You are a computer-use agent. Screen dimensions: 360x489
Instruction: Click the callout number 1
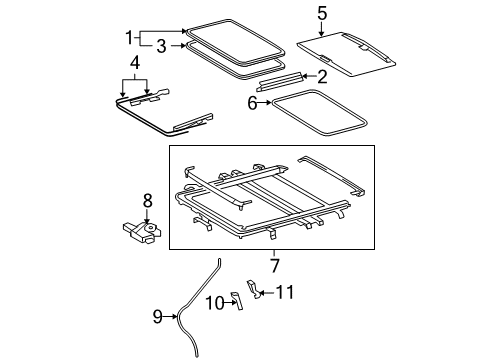pyautogui.click(x=127, y=38)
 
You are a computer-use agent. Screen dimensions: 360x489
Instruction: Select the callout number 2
pyautogui.click(x=322, y=76)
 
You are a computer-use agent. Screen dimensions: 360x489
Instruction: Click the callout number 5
pyautogui.click(x=322, y=13)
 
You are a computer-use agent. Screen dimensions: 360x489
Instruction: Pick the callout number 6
pyautogui.click(x=252, y=102)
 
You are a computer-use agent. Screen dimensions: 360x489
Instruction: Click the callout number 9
pyautogui.click(x=158, y=317)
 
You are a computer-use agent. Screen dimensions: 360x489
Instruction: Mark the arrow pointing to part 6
pyautogui.click(x=267, y=102)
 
